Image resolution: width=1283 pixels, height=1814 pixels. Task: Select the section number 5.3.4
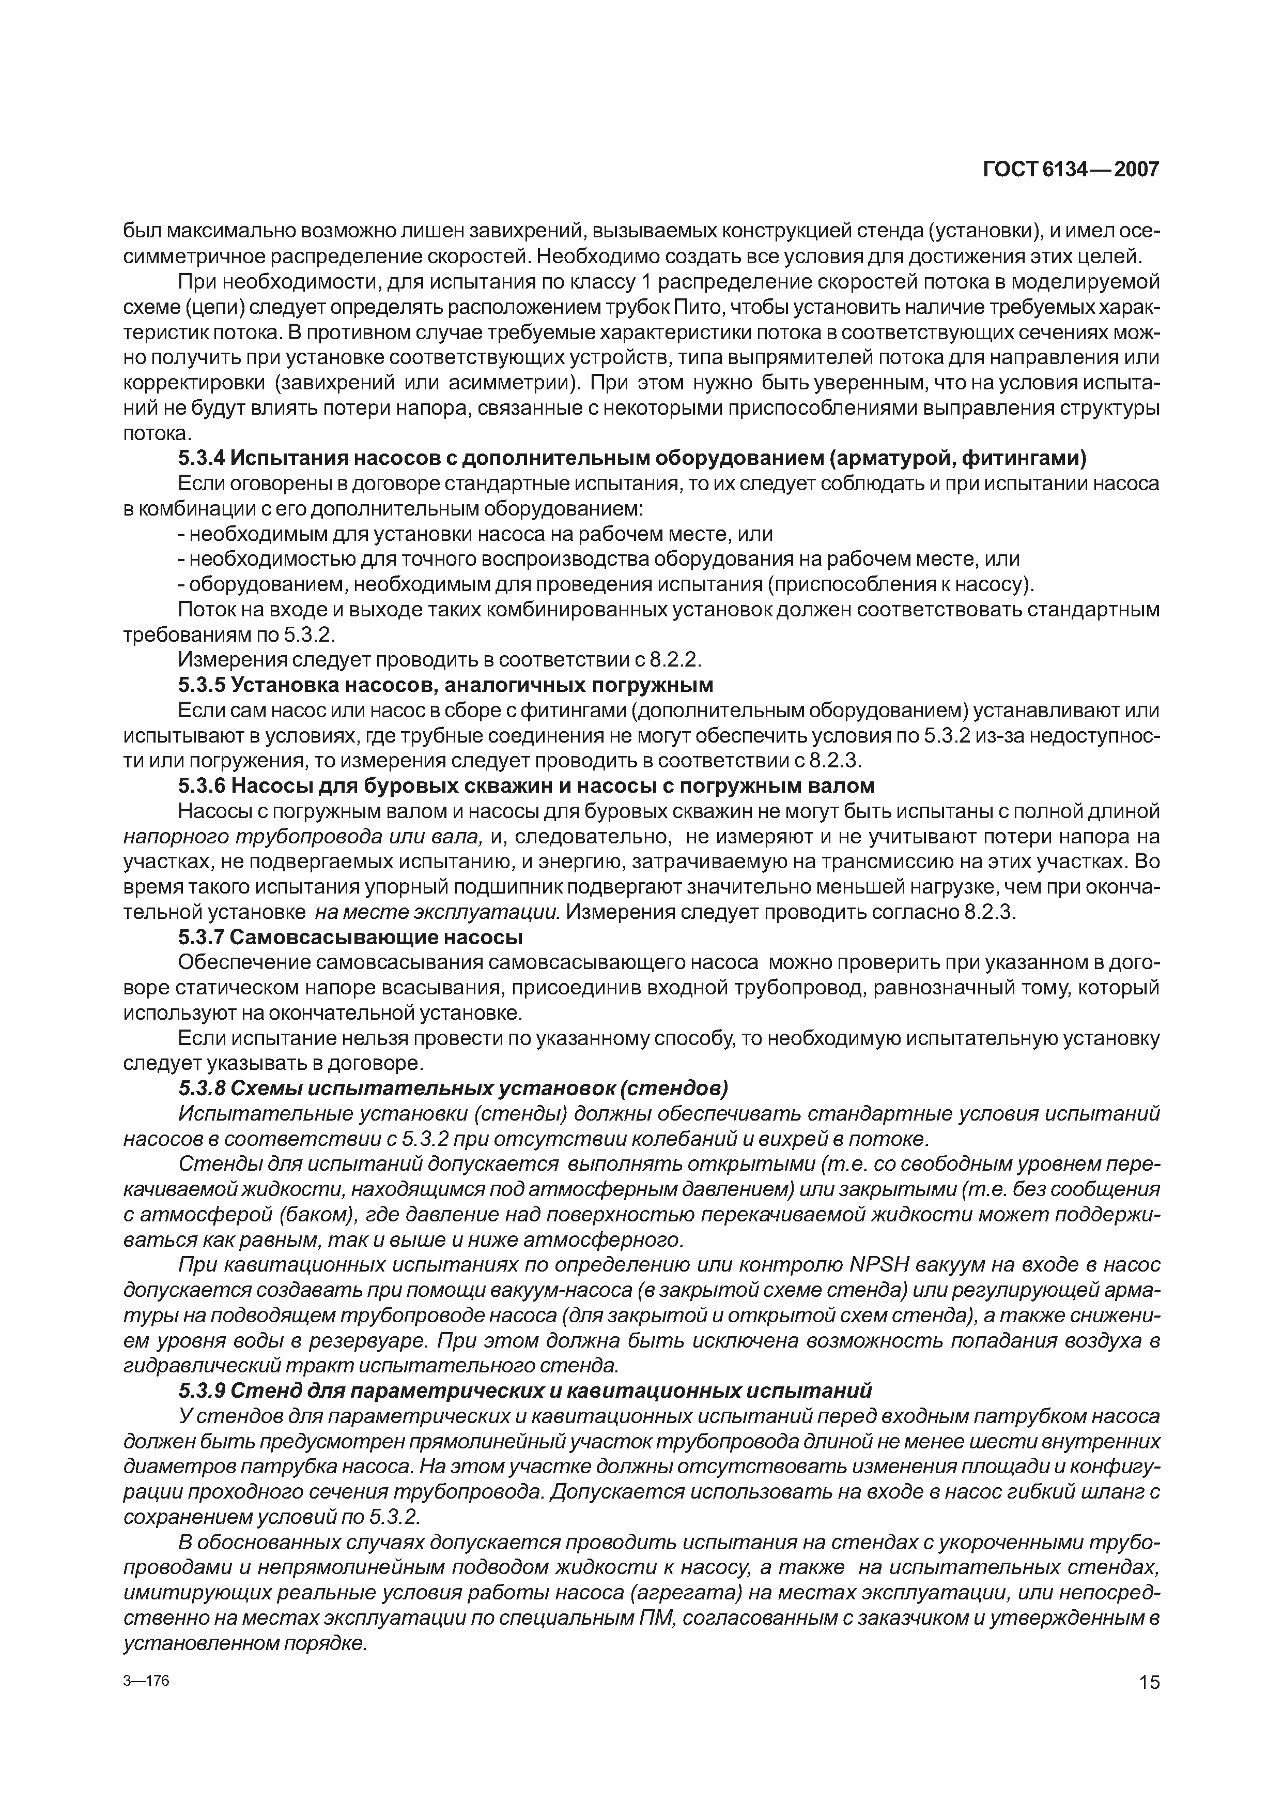[x=202, y=459]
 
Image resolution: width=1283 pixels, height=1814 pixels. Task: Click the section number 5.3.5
[x=202, y=685]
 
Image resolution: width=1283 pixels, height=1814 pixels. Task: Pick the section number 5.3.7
[x=202, y=938]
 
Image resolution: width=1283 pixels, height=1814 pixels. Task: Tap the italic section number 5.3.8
[x=202, y=1089]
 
